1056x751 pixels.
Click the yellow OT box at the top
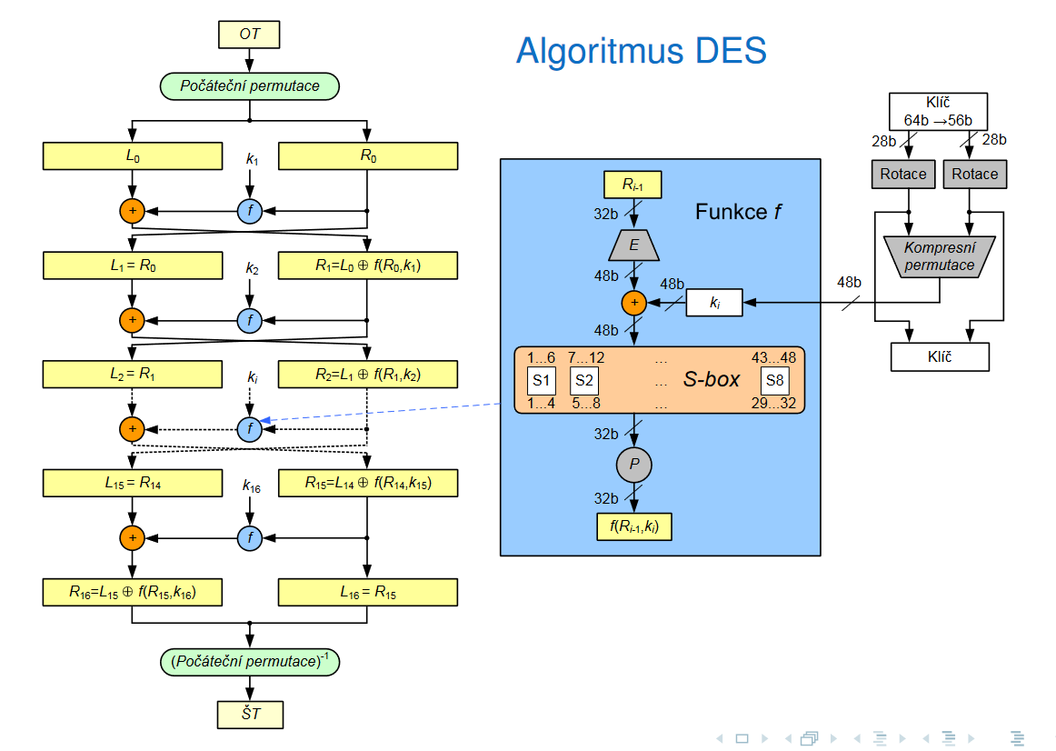[249, 35]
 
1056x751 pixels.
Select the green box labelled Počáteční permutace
[249, 86]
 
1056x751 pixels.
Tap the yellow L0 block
[133, 156]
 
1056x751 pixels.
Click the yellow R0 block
[367, 156]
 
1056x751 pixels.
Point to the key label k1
[252, 159]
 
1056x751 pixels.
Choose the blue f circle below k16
[250, 538]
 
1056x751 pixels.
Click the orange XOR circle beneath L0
[133, 211]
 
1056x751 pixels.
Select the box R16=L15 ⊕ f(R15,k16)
[133, 593]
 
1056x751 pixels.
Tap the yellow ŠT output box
[250, 714]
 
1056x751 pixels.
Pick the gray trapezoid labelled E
[633, 245]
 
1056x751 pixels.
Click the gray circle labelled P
[634, 466]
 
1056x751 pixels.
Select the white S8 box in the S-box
[774, 381]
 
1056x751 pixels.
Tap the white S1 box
[542, 381]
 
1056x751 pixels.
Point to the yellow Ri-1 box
[633, 185]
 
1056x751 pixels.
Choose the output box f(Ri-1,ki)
[634, 526]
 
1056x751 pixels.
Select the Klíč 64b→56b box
[938, 112]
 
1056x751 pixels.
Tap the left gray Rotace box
[903, 174]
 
